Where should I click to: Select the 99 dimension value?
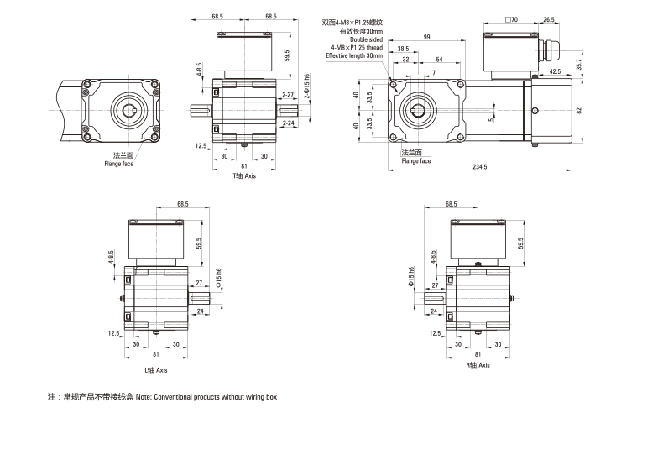(427, 38)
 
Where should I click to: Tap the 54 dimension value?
(440, 60)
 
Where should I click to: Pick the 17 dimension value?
(432, 73)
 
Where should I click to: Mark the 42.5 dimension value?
(556, 72)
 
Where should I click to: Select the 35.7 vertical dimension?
(577, 64)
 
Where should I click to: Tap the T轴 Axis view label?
(245, 176)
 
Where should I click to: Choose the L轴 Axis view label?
(157, 369)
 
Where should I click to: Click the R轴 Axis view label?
(478, 366)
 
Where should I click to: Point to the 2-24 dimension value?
(288, 123)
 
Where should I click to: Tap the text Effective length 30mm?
(354, 55)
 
